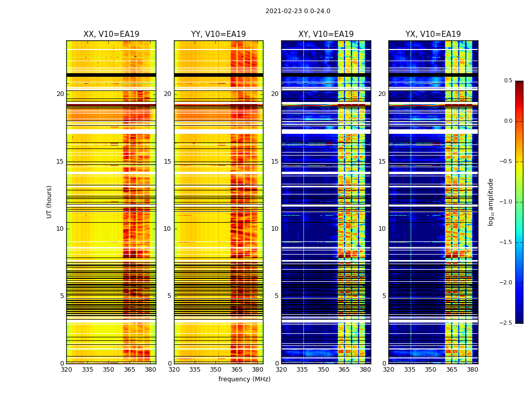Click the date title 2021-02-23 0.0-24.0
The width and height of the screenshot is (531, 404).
[297, 11]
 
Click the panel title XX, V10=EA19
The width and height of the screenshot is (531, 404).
[111, 34]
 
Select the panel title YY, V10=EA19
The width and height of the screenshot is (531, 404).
[218, 34]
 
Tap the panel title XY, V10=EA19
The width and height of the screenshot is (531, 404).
[326, 34]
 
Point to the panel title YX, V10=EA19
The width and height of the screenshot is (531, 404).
[433, 34]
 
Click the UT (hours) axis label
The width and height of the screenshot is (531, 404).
[49, 201]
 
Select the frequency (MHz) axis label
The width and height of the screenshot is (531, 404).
[244, 379]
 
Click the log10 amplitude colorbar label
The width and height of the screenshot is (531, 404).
[490, 201]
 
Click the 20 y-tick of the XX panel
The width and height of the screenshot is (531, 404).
[60, 94]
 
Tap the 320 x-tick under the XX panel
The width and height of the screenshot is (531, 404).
[66, 370]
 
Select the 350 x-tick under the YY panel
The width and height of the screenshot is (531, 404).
[215, 370]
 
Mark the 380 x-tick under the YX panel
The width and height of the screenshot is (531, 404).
[472, 370]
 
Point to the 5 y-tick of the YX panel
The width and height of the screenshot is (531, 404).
[384, 296]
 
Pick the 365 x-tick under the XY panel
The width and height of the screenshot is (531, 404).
[344, 370]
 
